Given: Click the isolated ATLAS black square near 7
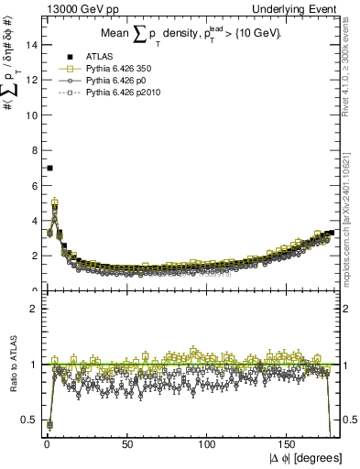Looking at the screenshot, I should pyautogui.click(x=49, y=168).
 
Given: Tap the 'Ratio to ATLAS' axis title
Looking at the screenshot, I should pyautogui.click(x=12, y=367).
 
